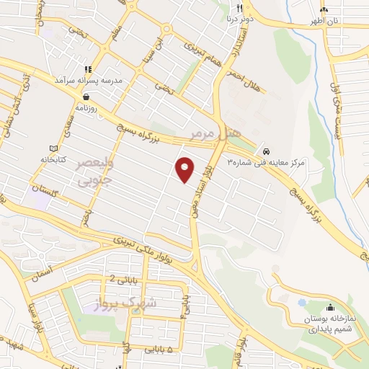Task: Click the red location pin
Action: [185, 168]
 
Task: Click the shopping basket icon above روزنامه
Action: [86, 96]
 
